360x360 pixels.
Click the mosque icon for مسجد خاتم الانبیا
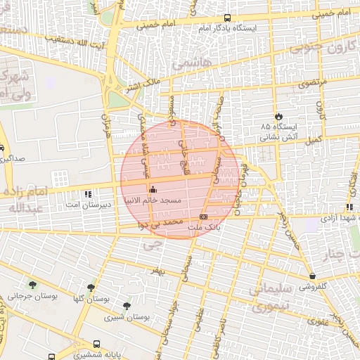153,188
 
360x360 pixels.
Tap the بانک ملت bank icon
203,217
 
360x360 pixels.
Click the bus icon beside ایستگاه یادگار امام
227,18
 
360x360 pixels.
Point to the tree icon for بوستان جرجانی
32,285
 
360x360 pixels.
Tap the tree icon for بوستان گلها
91,288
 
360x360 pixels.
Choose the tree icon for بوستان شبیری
126,306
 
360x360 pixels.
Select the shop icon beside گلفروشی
311,276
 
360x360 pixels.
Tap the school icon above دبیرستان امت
88,193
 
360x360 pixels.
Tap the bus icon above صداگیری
2,148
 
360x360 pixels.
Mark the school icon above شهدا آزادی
349,207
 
